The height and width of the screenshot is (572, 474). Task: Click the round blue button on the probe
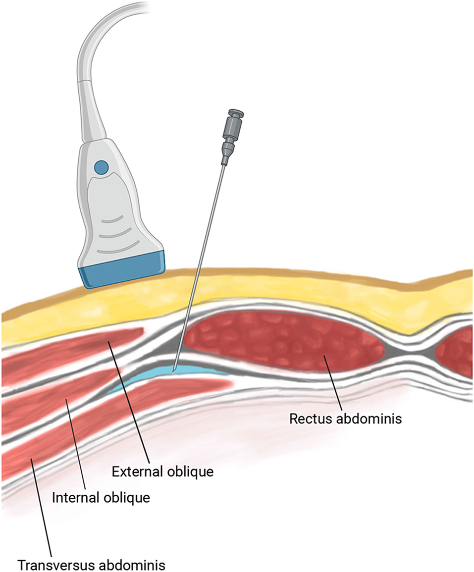pyautogui.click(x=102, y=167)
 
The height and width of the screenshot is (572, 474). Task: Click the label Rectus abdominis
pyautogui.click(x=345, y=418)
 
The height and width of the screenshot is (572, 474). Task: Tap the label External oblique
pyautogui.click(x=162, y=471)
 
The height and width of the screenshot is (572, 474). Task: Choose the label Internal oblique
pyautogui.click(x=101, y=497)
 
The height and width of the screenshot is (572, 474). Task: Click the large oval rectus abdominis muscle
pyautogui.click(x=282, y=342)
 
